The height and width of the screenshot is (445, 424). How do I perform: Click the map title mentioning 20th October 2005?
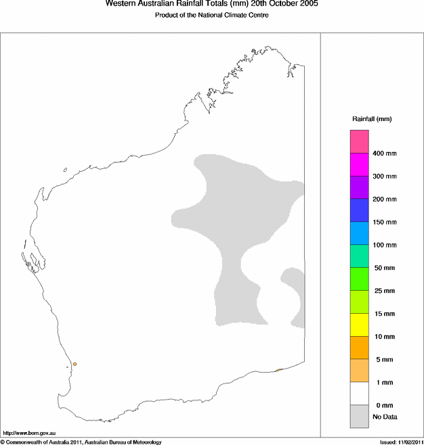(x=212, y=4)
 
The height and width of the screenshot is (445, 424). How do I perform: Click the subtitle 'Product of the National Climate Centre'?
(x=212, y=15)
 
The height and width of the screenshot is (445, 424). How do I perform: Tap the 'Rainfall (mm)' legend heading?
(x=372, y=119)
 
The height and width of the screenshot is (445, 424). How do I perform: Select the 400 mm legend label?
(x=385, y=154)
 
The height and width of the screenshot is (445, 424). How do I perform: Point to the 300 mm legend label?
(x=385, y=177)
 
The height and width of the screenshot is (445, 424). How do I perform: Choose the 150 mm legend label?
(x=385, y=222)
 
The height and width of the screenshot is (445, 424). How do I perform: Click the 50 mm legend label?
(x=384, y=268)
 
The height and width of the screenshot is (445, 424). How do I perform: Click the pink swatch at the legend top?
(x=359, y=142)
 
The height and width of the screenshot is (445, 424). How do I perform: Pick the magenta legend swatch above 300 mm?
(x=359, y=165)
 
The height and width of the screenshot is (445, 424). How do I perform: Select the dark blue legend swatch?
(x=359, y=210)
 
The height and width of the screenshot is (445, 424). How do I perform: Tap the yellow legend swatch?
(x=359, y=325)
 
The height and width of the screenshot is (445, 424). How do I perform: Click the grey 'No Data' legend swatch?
(x=359, y=417)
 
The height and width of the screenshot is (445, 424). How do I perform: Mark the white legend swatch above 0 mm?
(x=359, y=394)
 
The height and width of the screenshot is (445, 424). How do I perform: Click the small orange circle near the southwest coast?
(x=75, y=364)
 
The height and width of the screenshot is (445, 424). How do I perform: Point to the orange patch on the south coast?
(x=279, y=370)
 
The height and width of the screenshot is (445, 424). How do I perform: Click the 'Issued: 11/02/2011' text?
(x=401, y=442)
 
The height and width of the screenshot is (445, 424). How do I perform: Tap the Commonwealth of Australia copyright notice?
(x=81, y=442)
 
